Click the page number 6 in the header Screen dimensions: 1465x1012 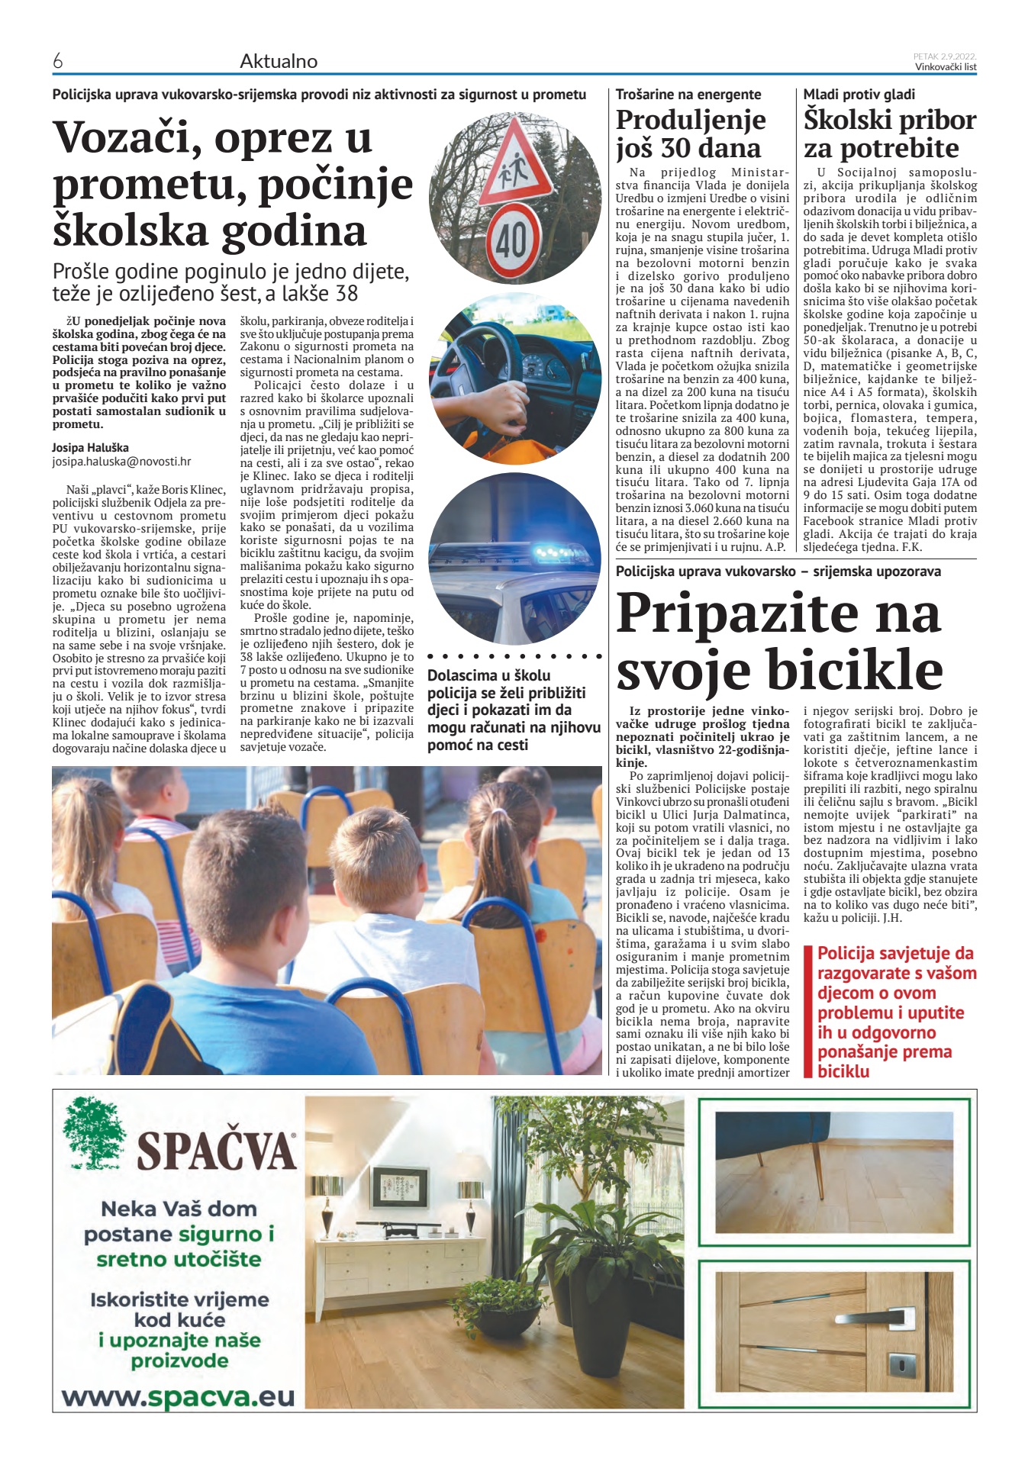(x=57, y=62)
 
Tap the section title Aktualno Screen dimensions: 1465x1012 (x=278, y=62)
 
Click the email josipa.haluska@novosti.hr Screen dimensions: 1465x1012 (x=121, y=462)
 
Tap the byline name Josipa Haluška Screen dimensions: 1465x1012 (x=90, y=448)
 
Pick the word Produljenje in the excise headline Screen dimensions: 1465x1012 (x=691, y=120)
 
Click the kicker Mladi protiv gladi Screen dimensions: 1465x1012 (x=859, y=95)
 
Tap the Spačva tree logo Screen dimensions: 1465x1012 (x=95, y=1133)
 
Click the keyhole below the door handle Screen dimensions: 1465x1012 (x=904, y=1362)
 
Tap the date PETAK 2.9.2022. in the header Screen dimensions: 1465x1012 (x=945, y=56)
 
